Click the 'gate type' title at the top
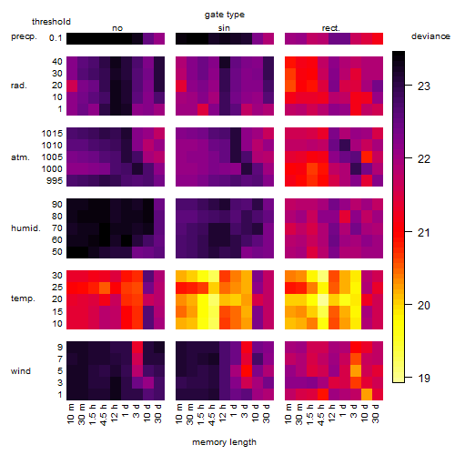[x=225, y=15]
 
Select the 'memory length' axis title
[x=224, y=442]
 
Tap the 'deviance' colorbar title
[x=430, y=36]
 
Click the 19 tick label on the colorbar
[x=424, y=378]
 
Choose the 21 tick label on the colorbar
[x=424, y=233]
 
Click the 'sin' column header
[x=224, y=28]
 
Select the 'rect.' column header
[x=330, y=28]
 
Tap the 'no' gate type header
[x=117, y=28]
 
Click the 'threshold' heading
[x=51, y=22]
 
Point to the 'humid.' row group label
[x=25, y=228]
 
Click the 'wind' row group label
[x=21, y=371]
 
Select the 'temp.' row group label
[x=23, y=298]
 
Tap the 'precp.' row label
[x=24, y=36]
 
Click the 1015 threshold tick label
[x=52, y=134]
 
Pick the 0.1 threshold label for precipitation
[x=56, y=38]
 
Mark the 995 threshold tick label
[x=55, y=181]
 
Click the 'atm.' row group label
[x=20, y=157]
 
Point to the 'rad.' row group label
[x=19, y=86]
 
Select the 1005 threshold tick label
[x=52, y=157]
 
